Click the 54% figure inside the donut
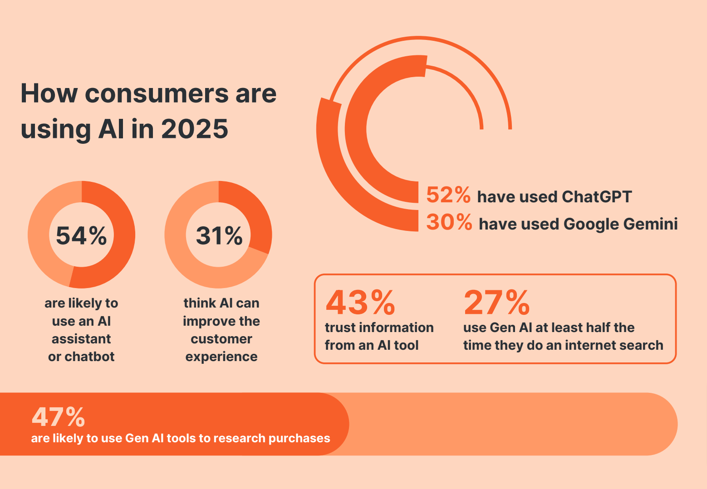pyautogui.click(x=81, y=236)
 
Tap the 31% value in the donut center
pyautogui.click(x=219, y=236)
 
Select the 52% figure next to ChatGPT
pyautogui.click(x=448, y=195)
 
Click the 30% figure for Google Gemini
pyautogui.click(x=449, y=222)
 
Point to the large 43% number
pyautogui.click(x=360, y=303)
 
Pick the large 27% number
pyautogui.click(x=496, y=303)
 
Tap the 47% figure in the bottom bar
pyautogui.click(x=58, y=417)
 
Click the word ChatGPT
pyautogui.click(x=596, y=197)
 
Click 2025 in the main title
pyautogui.click(x=195, y=129)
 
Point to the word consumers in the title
pyautogui.click(x=157, y=94)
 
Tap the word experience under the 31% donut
pyautogui.click(x=221, y=357)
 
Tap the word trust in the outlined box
pyautogui.click(x=339, y=328)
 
